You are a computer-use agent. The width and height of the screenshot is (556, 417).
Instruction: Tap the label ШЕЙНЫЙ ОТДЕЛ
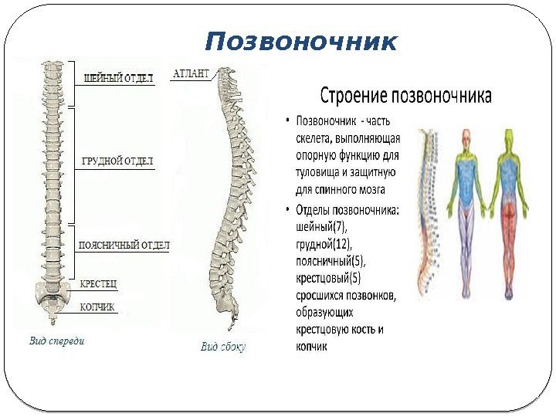(118, 77)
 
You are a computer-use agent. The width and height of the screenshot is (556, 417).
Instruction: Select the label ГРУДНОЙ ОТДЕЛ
(117, 161)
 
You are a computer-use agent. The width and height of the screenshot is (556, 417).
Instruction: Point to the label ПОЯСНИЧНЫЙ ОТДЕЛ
(124, 246)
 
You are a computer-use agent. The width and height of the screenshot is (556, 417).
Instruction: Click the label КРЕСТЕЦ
(99, 284)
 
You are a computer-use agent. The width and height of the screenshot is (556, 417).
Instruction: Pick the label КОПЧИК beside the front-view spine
(97, 307)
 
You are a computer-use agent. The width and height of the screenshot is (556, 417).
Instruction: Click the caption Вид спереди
(57, 341)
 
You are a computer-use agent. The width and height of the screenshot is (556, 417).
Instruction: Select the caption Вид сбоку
(223, 347)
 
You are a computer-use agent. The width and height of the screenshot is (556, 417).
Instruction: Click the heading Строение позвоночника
(406, 97)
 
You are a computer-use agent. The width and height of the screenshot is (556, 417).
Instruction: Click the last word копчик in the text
(312, 347)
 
